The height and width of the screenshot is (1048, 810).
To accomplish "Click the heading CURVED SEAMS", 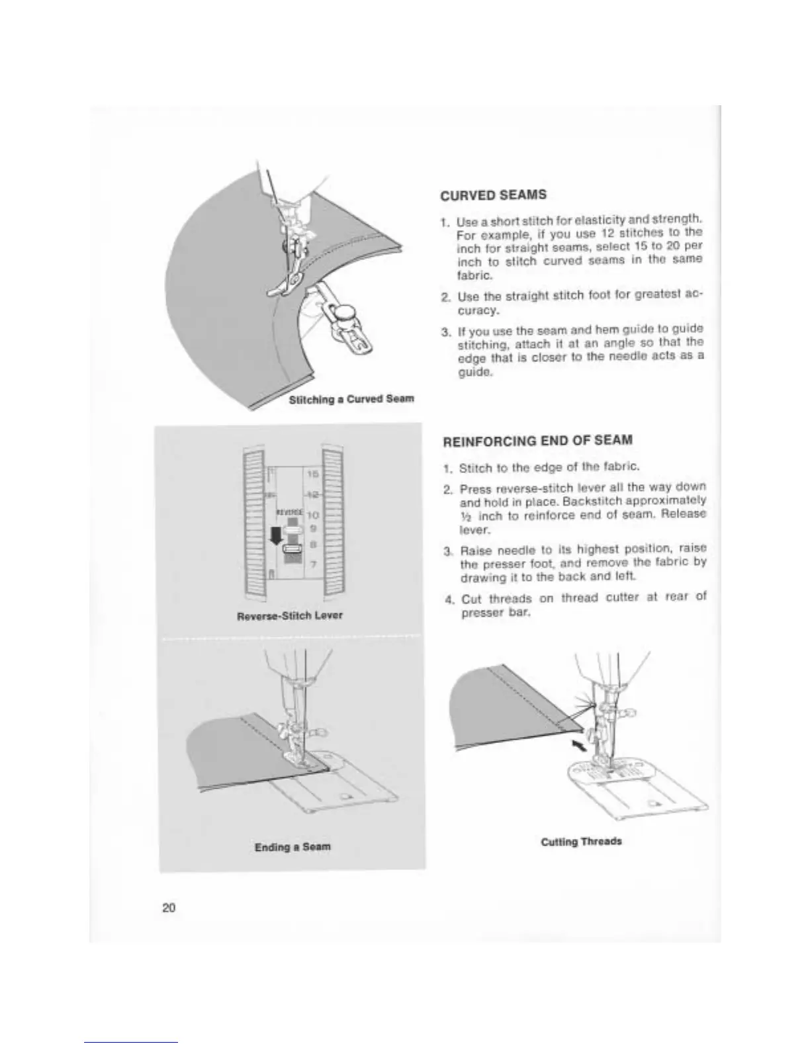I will point(493,195).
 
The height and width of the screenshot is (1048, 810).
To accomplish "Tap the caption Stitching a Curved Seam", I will point(351,399).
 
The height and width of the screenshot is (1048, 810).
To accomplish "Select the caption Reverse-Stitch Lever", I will point(290,615).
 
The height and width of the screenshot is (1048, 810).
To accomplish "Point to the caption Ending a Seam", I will point(292,847).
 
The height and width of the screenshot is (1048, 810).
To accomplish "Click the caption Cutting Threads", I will point(581,842).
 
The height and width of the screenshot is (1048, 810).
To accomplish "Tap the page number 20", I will point(169,908).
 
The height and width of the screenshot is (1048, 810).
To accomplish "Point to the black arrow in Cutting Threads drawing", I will point(579,746).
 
